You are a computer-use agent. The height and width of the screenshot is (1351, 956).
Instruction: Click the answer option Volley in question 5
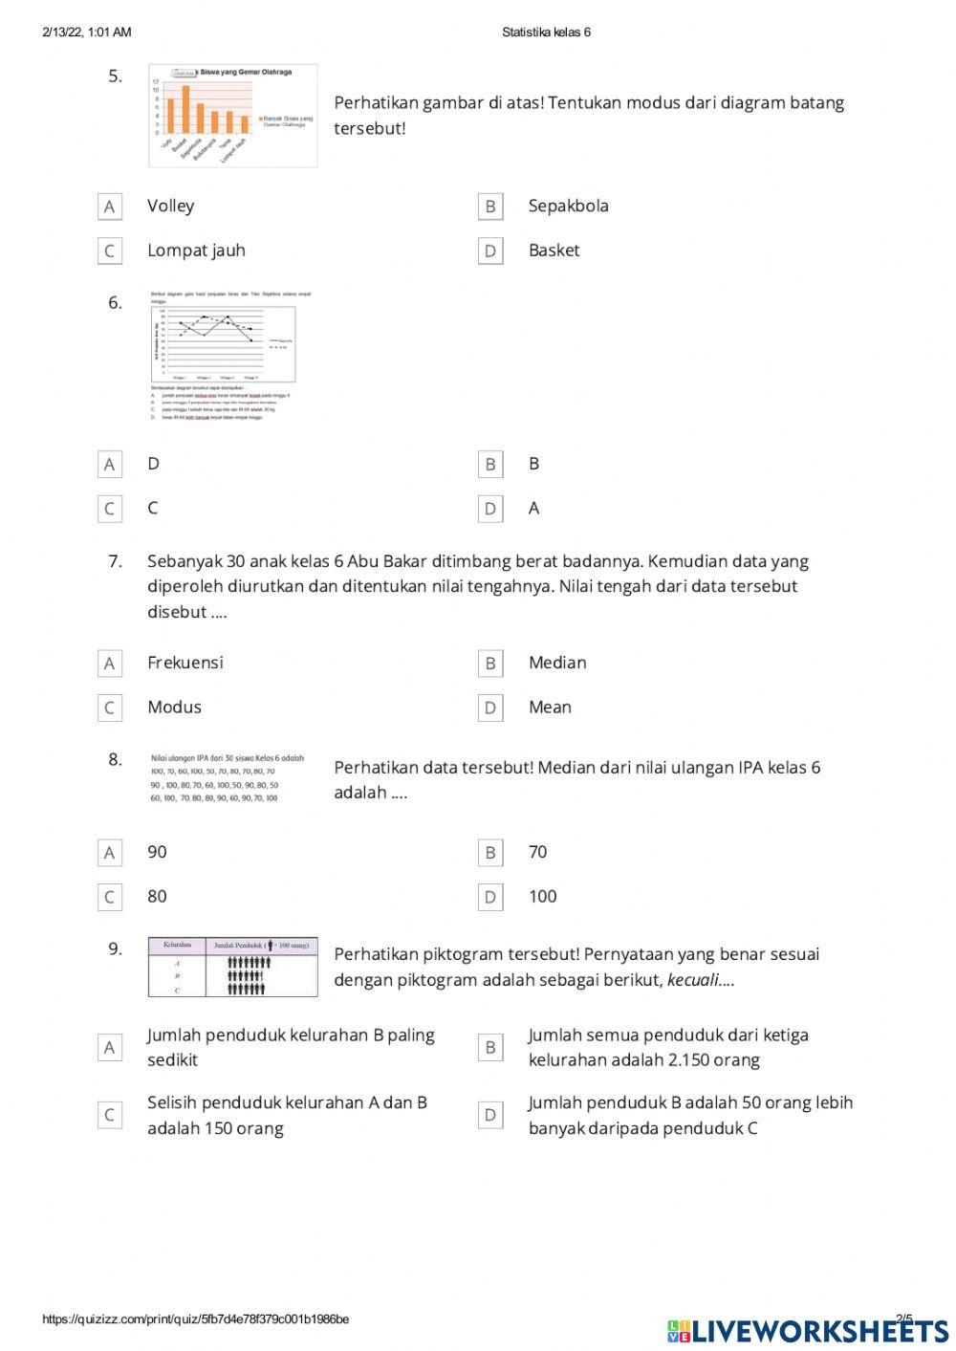pos(170,206)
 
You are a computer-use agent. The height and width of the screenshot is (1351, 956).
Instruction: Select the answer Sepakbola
pos(568,206)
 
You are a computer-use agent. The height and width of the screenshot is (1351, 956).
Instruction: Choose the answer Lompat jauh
pos(196,251)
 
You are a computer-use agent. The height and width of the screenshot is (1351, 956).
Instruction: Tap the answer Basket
pos(554,251)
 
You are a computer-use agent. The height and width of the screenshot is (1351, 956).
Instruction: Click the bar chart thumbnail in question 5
pos(232,116)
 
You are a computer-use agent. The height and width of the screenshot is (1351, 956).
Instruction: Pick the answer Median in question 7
pos(557,663)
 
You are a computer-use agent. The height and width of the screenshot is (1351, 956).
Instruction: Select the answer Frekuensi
pos(185,663)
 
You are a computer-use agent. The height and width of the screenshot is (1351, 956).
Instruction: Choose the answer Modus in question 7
pos(174,708)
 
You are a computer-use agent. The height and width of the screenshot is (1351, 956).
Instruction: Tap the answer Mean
pos(550,708)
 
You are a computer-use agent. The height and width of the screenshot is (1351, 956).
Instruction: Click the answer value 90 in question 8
pos(157,852)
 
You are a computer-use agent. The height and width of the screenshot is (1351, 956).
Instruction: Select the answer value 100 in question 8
pos(542,897)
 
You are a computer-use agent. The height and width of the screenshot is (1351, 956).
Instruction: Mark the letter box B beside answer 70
pos(490,853)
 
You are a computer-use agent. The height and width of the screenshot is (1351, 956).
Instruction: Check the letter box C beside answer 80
pos(109,898)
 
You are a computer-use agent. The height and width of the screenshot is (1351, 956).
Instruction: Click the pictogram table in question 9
pos(232,967)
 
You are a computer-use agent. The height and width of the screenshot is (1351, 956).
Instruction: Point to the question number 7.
pos(115,561)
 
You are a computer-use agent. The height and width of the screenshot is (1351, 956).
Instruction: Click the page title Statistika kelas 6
pos(546,33)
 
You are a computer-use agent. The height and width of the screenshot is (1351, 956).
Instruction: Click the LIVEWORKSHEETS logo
pos(808,1330)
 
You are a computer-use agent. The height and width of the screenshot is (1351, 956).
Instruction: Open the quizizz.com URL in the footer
pos(195,1319)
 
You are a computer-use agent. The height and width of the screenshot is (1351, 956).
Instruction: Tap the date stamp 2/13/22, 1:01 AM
pos(87,33)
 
